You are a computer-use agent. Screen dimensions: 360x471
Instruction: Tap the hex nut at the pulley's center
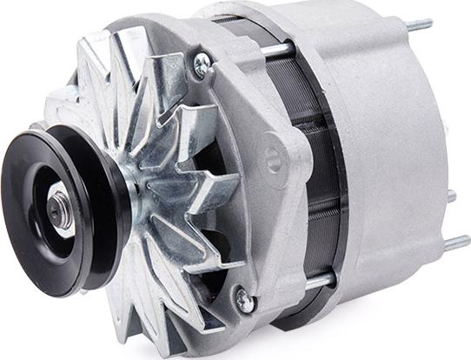[x=61, y=210]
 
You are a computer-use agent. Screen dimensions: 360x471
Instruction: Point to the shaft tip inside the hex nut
[x=59, y=210]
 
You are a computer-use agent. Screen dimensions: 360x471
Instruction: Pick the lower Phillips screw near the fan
[x=247, y=301]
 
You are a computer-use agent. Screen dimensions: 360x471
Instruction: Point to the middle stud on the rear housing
[x=448, y=197]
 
